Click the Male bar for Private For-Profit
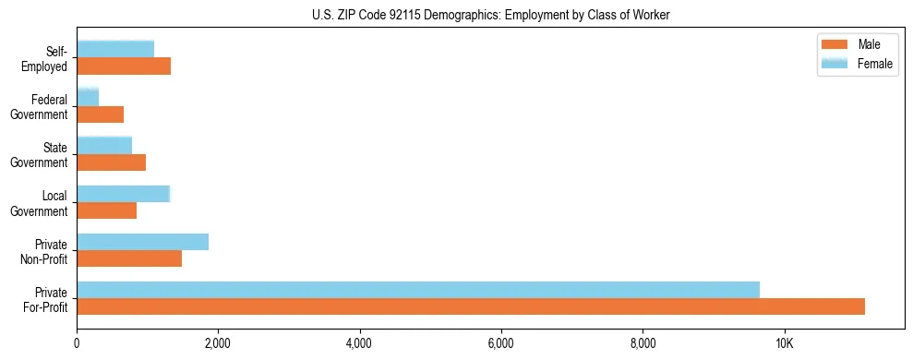(471, 306)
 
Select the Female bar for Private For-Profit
(418, 290)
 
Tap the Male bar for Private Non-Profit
(129, 258)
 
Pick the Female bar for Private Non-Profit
(143, 242)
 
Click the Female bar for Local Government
(124, 194)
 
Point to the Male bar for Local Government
(107, 210)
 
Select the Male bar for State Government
(112, 162)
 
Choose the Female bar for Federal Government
(88, 97)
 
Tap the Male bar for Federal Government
(101, 114)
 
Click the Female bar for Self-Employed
(115, 49)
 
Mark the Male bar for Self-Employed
(124, 66)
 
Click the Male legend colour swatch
(835, 44)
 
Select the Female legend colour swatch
(835, 62)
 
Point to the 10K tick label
(784, 343)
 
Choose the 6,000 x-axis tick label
(501, 343)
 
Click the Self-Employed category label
(50, 58)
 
